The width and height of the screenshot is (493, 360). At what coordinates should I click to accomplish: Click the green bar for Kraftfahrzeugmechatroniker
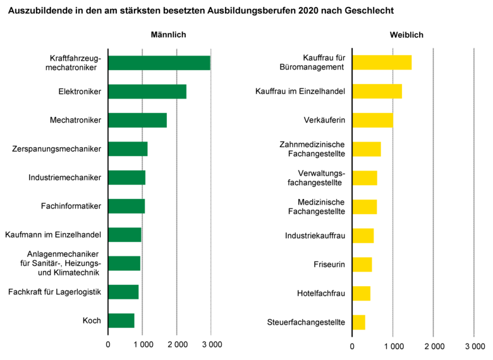(x=159, y=63)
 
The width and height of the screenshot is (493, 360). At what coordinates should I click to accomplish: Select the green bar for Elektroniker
(x=147, y=92)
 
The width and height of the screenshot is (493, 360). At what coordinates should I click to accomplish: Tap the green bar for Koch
(x=121, y=321)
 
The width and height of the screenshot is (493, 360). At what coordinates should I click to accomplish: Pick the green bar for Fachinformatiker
(x=126, y=206)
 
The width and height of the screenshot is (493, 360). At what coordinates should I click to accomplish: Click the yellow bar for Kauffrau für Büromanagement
(x=382, y=62)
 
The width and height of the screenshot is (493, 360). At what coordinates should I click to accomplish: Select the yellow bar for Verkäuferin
(x=372, y=120)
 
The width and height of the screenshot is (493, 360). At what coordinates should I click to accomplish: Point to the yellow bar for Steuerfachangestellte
(x=358, y=322)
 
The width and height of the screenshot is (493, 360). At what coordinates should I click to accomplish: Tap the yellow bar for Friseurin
(x=362, y=264)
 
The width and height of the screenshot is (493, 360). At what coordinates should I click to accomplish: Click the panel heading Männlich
(x=168, y=35)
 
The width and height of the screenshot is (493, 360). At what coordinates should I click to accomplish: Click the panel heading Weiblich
(x=412, y=35)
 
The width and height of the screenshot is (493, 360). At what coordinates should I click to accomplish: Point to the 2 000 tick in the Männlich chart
(x=177, y=345)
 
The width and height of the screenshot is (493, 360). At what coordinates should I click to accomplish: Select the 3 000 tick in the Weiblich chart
(x=474, y=346)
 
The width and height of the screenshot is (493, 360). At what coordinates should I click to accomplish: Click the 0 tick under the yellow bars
(x=353, y=346)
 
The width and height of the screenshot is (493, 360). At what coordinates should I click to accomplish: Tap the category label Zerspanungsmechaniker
(x=57, y=149)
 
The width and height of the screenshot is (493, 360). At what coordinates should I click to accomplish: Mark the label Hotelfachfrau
(x=321, y=294)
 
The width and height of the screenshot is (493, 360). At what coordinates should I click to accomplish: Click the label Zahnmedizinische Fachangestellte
(x=312, y=149)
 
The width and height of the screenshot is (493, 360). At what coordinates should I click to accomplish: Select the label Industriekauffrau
(x=315, y=236)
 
